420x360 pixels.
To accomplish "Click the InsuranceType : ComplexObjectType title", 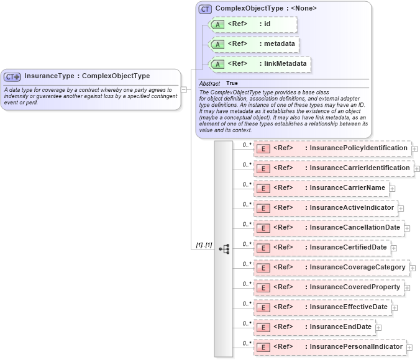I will click(x=87, y=76).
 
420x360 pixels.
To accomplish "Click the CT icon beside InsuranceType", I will click(x=12, y=77).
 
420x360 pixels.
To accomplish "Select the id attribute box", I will click(x=253, y=24).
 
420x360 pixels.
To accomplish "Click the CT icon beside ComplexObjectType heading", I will click(x=205, y=9).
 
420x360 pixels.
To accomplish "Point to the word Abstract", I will click(x=209, y=83).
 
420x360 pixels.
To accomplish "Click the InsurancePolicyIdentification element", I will click(x=332, y=148).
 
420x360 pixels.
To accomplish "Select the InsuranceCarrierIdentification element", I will click(x=333, y=168).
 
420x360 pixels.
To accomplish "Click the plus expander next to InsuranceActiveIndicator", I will click(x=401, y=209).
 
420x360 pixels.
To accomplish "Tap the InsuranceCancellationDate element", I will click(x=328, y=228).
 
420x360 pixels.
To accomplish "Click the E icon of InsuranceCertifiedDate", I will click(x=263, y=248).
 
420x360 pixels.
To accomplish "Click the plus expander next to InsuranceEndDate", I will click(x=378, y=328).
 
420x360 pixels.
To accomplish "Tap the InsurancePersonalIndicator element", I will click(x=329, y=347).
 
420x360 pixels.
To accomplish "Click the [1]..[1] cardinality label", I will click(x=204, y=245).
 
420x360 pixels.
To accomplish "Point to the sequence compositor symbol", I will click(x=224, y=249).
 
